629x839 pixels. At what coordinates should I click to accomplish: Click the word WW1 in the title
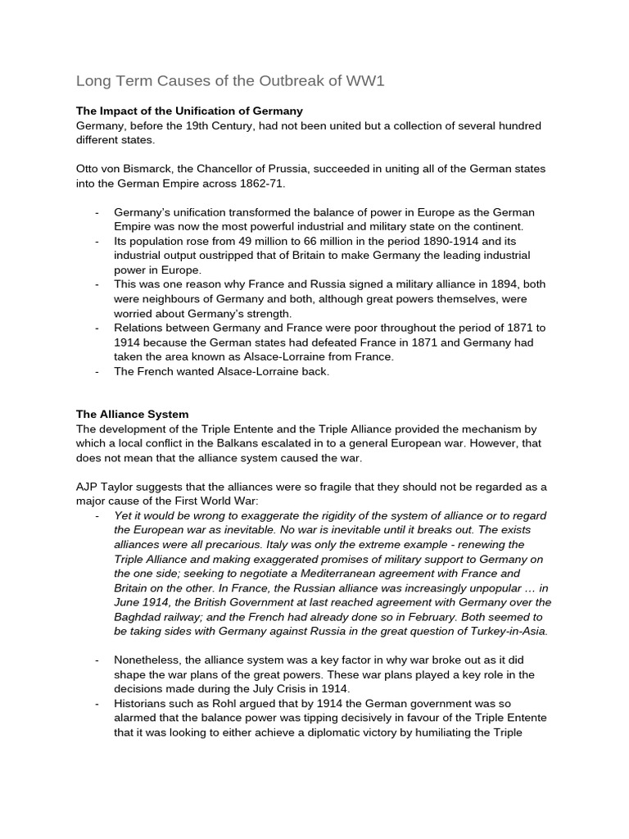[363, 80]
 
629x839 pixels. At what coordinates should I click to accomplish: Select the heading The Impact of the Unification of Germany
[189, 111]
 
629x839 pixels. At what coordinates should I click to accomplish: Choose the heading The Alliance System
[132, 415]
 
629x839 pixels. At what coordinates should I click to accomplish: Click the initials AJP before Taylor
[89, 487]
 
